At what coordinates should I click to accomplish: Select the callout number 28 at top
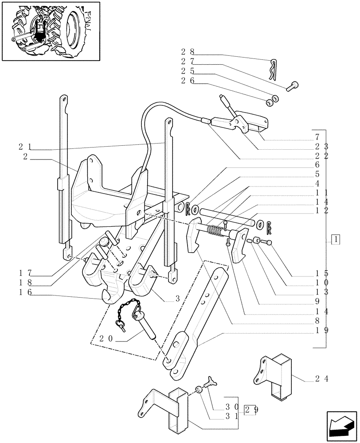(188, 52)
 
